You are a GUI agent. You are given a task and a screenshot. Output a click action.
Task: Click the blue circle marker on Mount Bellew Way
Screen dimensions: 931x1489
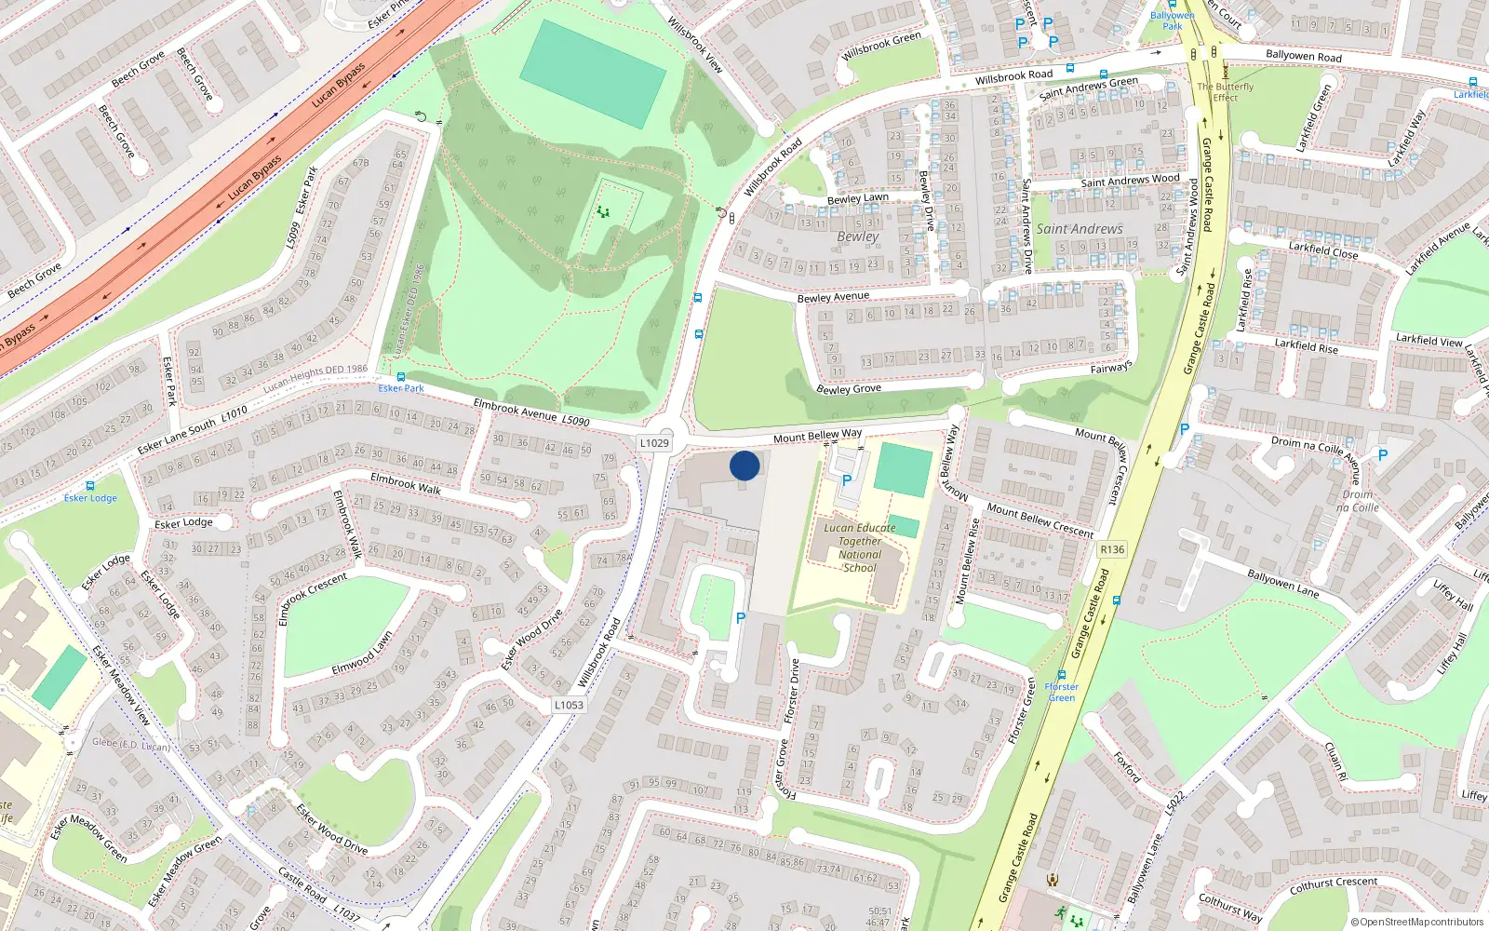[744, 465]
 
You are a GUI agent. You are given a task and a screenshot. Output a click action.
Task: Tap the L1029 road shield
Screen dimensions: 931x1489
[654, 443]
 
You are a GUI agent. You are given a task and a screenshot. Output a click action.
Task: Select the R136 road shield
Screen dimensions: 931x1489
[1112, 549]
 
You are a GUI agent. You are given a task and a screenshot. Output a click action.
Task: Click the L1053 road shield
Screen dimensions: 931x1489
[569, 705]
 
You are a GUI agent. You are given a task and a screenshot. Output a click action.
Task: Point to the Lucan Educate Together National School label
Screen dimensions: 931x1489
[860, 547]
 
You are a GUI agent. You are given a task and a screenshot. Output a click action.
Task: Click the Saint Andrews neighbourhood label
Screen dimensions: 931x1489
[1080, 229]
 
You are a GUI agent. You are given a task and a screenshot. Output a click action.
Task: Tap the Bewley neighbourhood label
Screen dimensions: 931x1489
[857, 236]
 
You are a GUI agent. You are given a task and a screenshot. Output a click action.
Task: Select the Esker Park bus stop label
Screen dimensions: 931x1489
[401, 388]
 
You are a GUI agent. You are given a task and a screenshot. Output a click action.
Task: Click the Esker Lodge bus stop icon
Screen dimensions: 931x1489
[90, 486]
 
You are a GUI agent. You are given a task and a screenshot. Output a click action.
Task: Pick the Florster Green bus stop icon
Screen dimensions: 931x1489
[1062, 674]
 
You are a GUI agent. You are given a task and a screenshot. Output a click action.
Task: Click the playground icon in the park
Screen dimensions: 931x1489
[603, 212]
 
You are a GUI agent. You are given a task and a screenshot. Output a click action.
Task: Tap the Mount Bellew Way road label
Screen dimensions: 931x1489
[817, 436]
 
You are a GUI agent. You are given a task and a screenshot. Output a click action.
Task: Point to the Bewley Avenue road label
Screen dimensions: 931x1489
[833, 298]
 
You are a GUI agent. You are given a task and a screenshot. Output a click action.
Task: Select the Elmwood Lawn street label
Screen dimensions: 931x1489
[362, 655]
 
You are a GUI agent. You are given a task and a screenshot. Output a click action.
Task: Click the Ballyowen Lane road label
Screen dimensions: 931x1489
[1282, 584]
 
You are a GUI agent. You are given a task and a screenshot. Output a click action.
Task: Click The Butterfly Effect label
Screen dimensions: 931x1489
[1225, 91]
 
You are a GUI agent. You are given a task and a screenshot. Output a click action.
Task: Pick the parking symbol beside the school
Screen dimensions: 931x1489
[847, 480]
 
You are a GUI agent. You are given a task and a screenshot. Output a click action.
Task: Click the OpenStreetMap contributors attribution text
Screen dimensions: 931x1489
[1416, 922]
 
